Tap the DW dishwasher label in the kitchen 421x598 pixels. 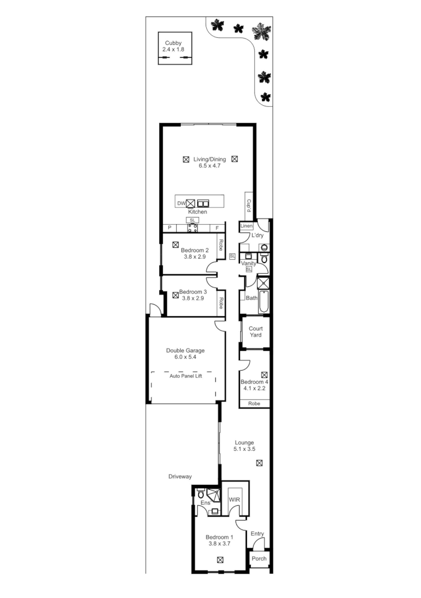point(181,203)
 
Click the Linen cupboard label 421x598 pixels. point(246,226)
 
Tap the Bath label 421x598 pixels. point(251,298)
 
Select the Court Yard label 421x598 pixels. point(255,332)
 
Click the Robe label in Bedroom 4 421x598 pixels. point(254,404)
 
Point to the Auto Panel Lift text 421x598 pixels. point(184,376)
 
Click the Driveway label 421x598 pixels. point(180,476)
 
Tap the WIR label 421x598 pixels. point(235,500)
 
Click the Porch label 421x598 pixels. point(259,559)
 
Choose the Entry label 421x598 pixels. point(257,534)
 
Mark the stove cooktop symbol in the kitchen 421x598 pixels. point(192,228)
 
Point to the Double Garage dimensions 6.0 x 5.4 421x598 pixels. point(185,358)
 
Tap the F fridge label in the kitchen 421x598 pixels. point(218,228)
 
